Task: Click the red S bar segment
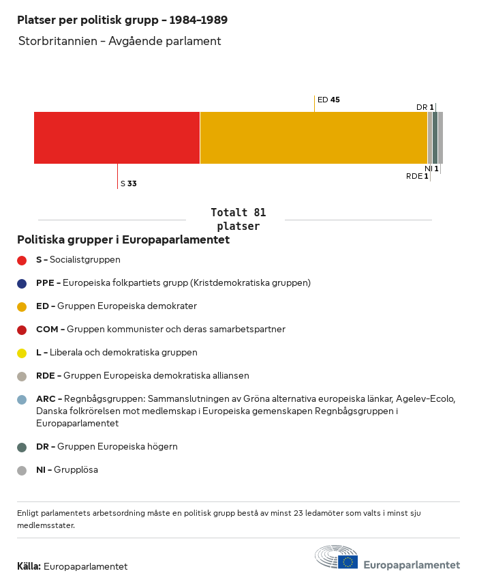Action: [x=117, y=138]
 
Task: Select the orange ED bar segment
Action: [x=313, y=138]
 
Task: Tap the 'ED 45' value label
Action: [x=328, y=100]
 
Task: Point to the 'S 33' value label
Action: [x=129, y=184]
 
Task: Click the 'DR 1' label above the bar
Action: [x=425, y=107]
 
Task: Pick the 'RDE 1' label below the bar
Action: [x=417, y=176]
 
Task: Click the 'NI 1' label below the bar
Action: [x=431, y=169]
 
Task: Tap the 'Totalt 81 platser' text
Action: [x=238, y=219]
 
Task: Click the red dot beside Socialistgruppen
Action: [x=22, y=260]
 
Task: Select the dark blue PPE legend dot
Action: [x=22, y=283]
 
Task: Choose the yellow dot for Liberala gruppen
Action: [x=22, y=353]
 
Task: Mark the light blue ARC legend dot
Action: [x=22, y=399]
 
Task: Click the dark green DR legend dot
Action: [x=22, y=447]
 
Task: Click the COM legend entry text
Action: [x=160, y=330]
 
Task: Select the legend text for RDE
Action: [x=142, y=376]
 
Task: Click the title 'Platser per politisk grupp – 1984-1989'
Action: [x=123, y=20]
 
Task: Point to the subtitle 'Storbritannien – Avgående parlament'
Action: [x=120, y=41]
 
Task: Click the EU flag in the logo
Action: [x=348, y=561]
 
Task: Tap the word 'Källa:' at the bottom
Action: [x=29, y=566]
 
